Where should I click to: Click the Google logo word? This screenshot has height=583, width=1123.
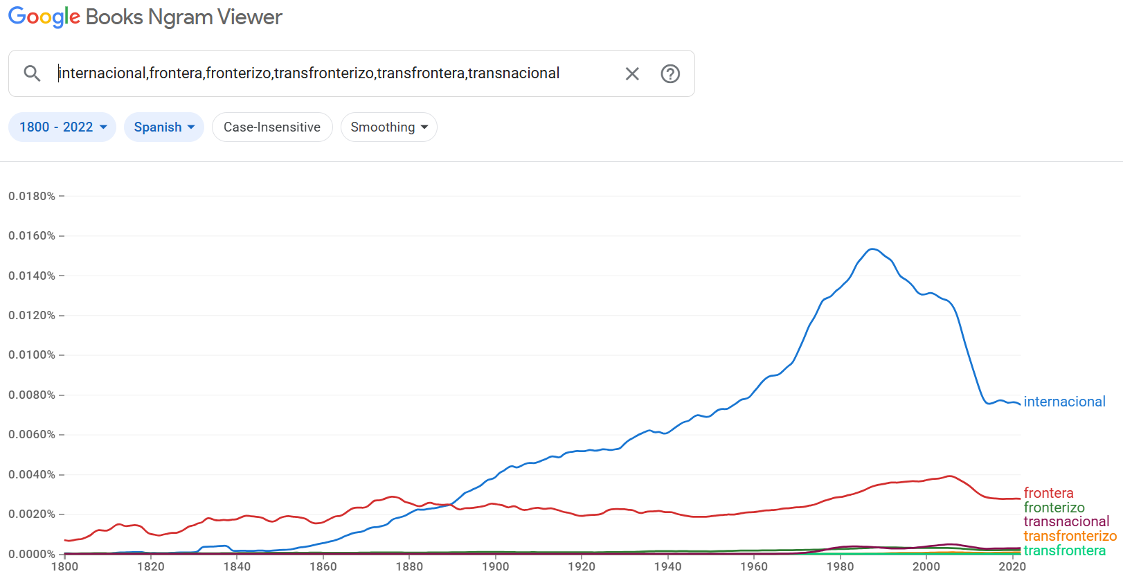point(44,17)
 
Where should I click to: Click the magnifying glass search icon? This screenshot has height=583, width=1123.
point(33,73)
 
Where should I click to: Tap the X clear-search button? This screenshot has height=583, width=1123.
point(632,73)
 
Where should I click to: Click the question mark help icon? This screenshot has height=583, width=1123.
point(670,73)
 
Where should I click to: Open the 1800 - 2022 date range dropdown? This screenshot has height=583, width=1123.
point(62,127)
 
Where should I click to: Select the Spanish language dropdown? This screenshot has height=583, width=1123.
point(164,127)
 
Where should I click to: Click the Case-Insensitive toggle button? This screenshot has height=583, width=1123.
point(272,127)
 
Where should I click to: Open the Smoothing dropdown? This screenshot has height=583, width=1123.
point(389,127)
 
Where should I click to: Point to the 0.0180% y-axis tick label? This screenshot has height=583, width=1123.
point(32,197)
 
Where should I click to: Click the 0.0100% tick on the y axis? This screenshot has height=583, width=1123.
point(32,355)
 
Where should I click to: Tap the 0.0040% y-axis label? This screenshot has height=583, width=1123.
point(32,475)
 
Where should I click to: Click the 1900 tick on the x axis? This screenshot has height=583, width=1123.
point(495,566)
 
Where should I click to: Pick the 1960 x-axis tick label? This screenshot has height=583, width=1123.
point(754,566)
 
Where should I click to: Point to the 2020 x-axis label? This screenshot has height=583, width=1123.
point(1012,566)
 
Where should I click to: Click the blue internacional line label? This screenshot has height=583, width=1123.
point(1064,402)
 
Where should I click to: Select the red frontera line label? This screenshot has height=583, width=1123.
point(1048,493)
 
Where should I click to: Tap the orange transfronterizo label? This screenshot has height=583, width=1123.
point(1070,536)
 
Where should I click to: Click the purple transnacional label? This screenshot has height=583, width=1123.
point(1066,521)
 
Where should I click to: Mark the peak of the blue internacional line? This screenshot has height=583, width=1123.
point(872,249)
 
